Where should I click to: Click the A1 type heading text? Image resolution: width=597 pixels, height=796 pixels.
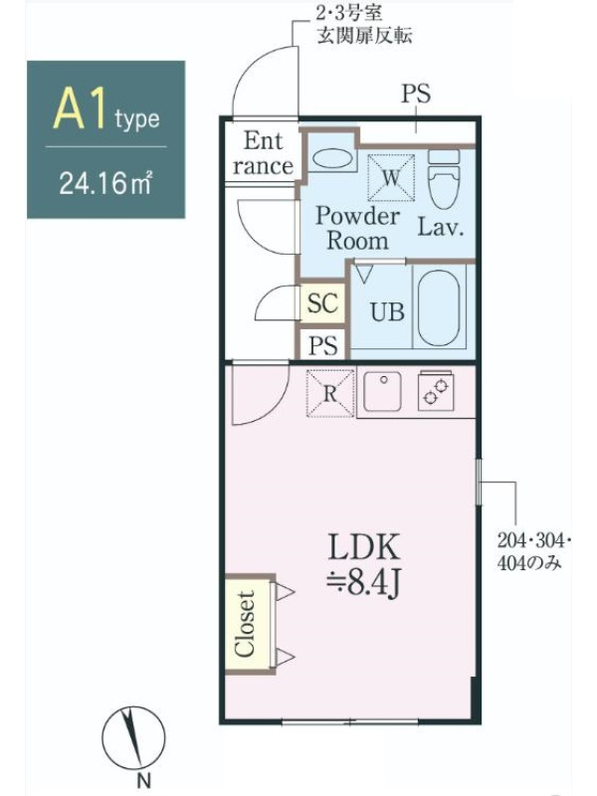tap(106, 109)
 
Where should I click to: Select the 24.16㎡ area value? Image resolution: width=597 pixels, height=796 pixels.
tap(105, 182)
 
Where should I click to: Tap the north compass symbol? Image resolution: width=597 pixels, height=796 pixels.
tap(133, 738)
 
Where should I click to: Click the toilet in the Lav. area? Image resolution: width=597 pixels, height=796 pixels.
tap(444, 179)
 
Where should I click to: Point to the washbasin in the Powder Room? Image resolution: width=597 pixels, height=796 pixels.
tap(331, 159)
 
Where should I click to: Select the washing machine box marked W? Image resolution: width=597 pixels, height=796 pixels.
tap(391, 178)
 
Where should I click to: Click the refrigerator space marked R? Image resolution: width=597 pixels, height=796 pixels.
tap(330, 393)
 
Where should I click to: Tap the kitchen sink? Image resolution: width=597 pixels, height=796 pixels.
tap(382, 392)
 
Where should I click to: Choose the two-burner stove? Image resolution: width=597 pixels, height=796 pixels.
tap(436, 392)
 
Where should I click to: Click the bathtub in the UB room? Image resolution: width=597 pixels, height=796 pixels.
tap(439, 308)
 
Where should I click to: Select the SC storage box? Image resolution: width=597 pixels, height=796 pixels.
tap(322, 303)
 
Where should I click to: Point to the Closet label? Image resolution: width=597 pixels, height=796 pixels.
tap(245, 624)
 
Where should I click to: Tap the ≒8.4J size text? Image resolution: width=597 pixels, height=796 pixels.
tap(364, 583)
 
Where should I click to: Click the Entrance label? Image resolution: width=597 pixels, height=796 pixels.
tap(263, 153)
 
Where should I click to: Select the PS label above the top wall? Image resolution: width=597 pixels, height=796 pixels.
tap(416, 94)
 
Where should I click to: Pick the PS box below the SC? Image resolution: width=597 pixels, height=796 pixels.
tap(322, 345)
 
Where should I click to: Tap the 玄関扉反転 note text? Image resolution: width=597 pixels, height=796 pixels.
tap(364, 35)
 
